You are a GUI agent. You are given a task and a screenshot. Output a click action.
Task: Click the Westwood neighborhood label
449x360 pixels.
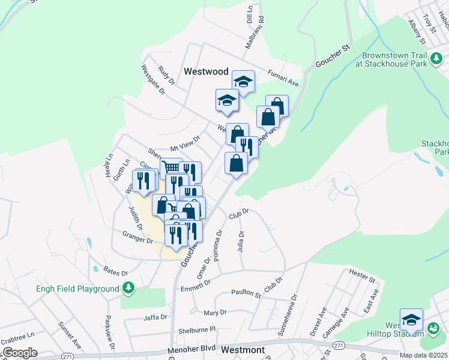tap(206, 71)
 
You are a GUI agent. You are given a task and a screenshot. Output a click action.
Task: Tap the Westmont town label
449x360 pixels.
tap(243, 349)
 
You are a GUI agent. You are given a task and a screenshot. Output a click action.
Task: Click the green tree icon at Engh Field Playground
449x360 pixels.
tap(128, 289)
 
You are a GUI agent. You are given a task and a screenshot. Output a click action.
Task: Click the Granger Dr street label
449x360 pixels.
tap(137, 239)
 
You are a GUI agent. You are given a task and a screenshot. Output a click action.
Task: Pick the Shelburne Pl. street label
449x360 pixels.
tap(196, 331)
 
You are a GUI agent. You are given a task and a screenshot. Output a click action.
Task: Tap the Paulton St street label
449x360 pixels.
tap(246, 293)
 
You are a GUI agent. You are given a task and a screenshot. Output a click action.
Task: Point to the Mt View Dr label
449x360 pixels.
tap(184, 143)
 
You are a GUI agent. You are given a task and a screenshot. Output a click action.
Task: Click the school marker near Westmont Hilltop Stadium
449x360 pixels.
tap(411, 319)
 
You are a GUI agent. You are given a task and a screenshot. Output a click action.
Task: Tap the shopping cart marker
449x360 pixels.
tap(171, 167)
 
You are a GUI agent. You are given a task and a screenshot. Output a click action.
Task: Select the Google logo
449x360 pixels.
tap(19, 353)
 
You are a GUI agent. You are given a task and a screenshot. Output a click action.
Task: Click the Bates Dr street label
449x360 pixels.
tap(116, 272)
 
